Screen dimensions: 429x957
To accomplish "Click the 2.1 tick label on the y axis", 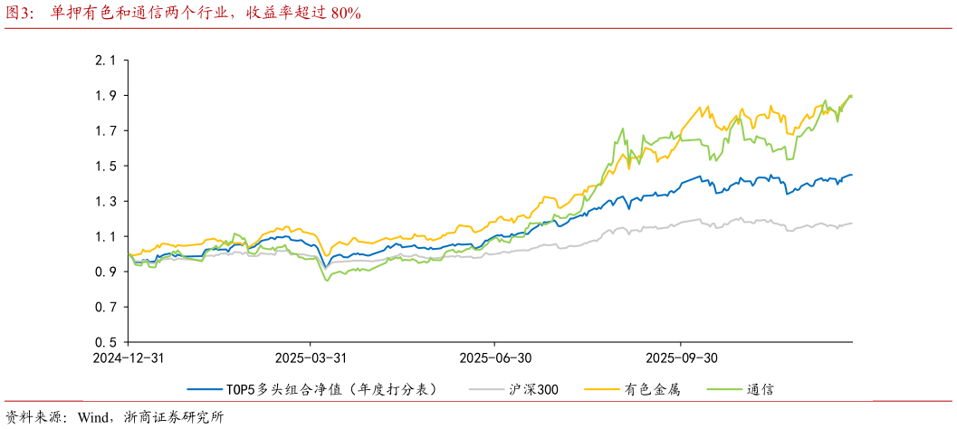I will [106, 61].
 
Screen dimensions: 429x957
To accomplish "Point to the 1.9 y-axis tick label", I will [106, 96].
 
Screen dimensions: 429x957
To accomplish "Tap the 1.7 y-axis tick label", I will [106, 131].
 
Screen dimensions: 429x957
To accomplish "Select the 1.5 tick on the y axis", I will [106, 167].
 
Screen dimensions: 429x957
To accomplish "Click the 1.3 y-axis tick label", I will [106, 202].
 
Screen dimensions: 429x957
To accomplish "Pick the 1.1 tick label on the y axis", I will [106, 237].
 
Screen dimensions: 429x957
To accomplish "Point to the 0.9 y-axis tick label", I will [106, 272].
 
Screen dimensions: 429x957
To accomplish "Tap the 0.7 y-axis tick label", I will [106, 308].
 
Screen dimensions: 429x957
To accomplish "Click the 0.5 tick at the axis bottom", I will [106, 343].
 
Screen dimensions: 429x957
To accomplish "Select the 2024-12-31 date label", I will [128, 357].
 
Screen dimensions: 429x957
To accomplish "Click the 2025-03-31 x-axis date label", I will [311, 357].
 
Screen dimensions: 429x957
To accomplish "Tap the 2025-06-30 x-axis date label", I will [495, 357].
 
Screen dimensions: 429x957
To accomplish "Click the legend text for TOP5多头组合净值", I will [331, 389].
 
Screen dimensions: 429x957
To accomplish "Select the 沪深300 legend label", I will [533, 389].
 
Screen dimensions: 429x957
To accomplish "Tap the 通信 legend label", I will [761, 389].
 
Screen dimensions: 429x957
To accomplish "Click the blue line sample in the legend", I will [205, 389].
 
